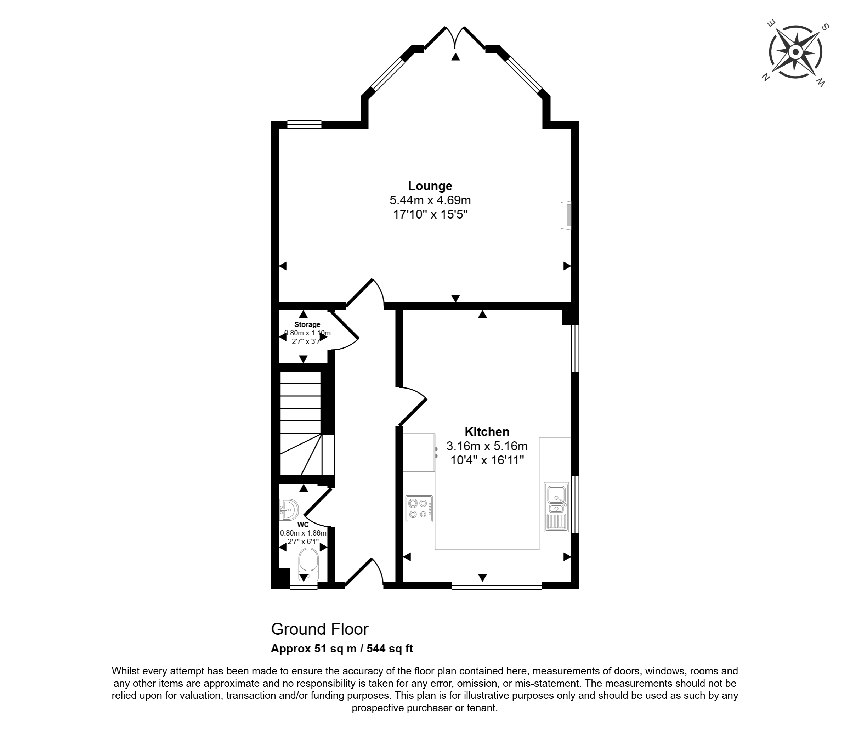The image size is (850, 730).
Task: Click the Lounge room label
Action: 430,186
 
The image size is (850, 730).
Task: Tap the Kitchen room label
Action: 487,432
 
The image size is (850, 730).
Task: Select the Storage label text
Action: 307,324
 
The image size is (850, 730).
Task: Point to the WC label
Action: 303,525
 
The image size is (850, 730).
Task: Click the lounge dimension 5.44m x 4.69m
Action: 430,200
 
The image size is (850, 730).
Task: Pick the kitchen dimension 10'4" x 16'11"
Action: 487,460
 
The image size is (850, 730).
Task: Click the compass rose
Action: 795,52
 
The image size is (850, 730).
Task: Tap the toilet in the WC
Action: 308,564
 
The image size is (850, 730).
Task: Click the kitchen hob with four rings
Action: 419,508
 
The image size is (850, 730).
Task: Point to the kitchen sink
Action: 557,507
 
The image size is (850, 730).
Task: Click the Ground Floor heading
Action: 320,629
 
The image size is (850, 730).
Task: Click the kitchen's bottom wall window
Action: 497,585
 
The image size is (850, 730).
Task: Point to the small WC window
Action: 304,585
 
